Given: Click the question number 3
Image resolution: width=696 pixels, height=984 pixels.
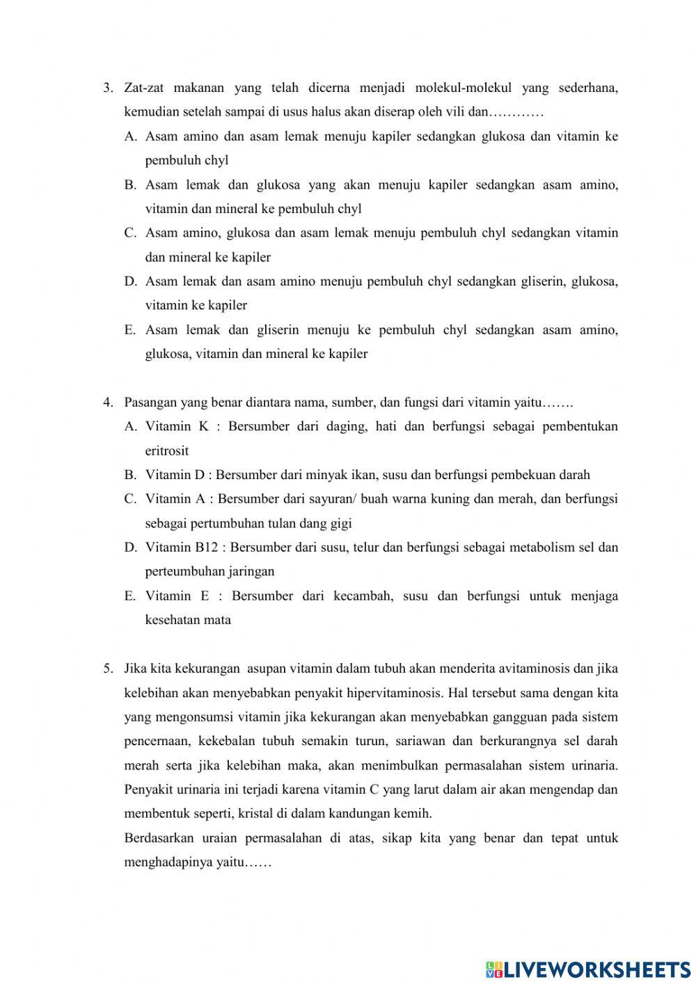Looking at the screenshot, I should (x=107, y=88).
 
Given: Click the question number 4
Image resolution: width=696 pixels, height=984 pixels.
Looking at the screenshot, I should (x=107, y=403).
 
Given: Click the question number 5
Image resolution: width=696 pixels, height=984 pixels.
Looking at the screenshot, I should (x=107, y=669).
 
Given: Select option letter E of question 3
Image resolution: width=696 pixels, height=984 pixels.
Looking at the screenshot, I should (x=129, y=330).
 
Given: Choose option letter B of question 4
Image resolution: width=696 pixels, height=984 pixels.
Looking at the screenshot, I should (x=130, y=475).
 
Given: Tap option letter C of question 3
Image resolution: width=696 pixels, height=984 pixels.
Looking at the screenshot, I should (x=130, y=233).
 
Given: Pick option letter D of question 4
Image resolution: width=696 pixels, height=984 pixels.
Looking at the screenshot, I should (x=130, y=547).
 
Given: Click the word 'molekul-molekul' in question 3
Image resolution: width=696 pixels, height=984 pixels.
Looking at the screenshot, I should (x=463, y=88).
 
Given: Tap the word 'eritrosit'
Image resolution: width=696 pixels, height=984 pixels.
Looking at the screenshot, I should (x=167, y=451).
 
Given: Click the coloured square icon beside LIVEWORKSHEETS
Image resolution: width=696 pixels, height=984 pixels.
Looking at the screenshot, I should (x=493, y=969).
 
